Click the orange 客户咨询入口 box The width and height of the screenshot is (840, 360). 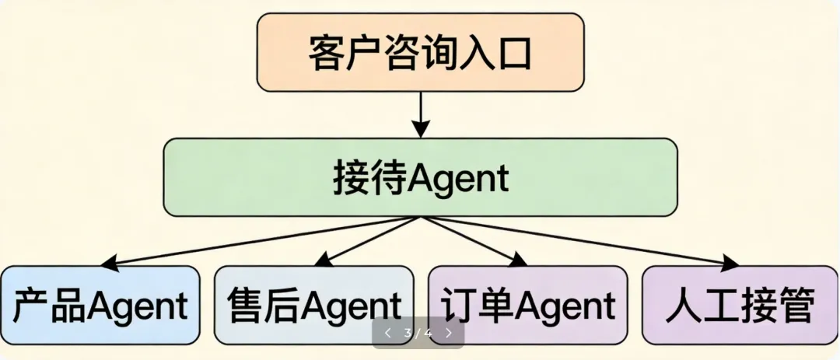(420, 51)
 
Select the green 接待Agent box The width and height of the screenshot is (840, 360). (420, 177)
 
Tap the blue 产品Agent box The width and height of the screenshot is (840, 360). (100, 305)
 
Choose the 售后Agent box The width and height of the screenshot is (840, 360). (314, 305)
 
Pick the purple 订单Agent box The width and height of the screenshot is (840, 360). (528, 305)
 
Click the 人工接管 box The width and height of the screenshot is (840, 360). (740, 305)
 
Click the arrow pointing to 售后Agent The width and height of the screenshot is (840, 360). (366, 241)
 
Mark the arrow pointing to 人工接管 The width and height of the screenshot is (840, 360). (583, 241)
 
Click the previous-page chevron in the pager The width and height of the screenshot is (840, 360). (388, 333)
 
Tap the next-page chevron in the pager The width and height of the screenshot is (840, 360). (449, 333)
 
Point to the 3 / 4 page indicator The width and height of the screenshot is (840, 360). (418, 333)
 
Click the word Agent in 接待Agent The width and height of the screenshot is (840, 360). (458, 179)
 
